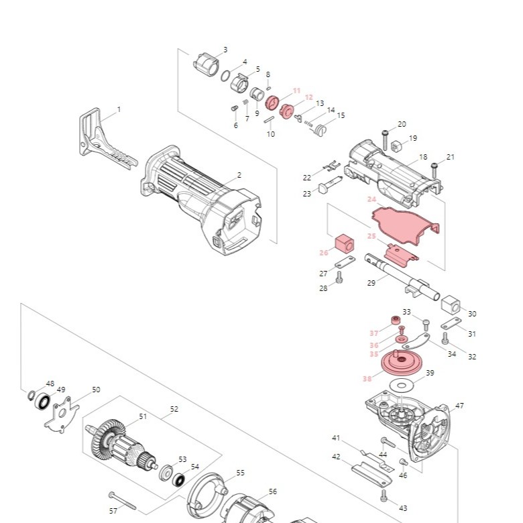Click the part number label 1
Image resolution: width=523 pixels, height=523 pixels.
coord(119,109)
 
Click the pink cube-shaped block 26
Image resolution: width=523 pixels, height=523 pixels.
coord(343,243)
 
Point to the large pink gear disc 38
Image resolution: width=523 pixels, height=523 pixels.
coord(402,363)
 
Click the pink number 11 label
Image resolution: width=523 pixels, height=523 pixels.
coord(296,91)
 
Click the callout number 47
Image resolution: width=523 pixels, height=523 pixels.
coord(459,406)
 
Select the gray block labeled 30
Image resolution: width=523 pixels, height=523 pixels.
coord(451,305)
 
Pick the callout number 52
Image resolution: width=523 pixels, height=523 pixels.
coord(174,408)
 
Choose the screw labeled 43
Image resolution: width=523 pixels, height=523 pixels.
coord(384,496)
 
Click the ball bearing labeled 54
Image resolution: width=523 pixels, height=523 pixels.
coord(179,479)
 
